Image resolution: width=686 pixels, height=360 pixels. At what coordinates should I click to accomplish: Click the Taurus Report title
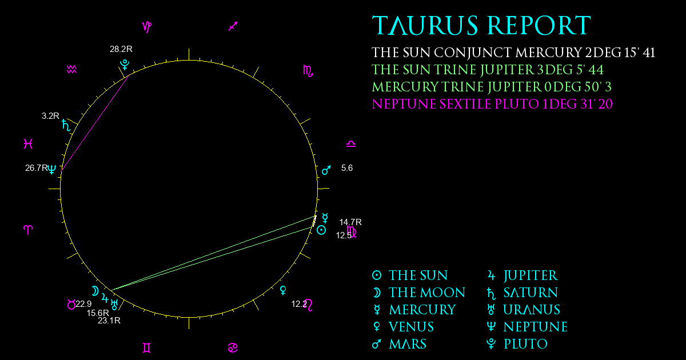tap(481, 25)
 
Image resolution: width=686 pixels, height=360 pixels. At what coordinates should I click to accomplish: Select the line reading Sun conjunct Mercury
tap(513, 53)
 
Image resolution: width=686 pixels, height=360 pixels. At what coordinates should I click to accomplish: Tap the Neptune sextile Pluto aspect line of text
tap(492, 104)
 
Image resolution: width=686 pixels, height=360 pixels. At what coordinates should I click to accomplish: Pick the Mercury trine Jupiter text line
tap(492, 87)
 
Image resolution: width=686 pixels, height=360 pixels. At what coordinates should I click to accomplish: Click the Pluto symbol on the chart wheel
tap(125, 65)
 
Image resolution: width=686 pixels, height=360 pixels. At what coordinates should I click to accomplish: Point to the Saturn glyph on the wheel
tap(66, 125)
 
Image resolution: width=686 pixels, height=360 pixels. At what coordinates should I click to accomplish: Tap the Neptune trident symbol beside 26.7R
tap(52, 169)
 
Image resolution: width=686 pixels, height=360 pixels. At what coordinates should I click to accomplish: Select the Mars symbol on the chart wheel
tap(326, 170)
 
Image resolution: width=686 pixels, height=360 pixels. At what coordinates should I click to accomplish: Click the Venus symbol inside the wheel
tap(284, 290)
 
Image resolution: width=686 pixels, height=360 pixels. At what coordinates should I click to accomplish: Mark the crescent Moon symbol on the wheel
tap(95, 291)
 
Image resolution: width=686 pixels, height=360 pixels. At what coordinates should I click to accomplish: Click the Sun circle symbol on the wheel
tap(321, 230)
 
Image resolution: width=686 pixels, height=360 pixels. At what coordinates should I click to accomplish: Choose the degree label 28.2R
tap(121, 49)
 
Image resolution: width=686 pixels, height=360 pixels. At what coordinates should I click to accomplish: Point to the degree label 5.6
tap(347, 168)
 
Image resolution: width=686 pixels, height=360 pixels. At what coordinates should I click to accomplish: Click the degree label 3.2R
tap(50, 116)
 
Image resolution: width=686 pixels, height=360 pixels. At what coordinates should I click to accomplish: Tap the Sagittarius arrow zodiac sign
tap(233, 26)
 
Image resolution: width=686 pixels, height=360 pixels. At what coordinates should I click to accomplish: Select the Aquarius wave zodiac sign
tap(71, 70)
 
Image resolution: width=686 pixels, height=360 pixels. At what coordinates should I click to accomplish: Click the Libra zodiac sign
tap(351, 144)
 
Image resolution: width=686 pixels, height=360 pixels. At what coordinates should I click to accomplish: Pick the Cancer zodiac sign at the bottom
tap(233, 348)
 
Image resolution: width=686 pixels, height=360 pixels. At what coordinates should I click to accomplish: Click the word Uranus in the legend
tap(532, 310)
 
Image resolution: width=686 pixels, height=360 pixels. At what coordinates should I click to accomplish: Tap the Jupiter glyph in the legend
tap(491, 275)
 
